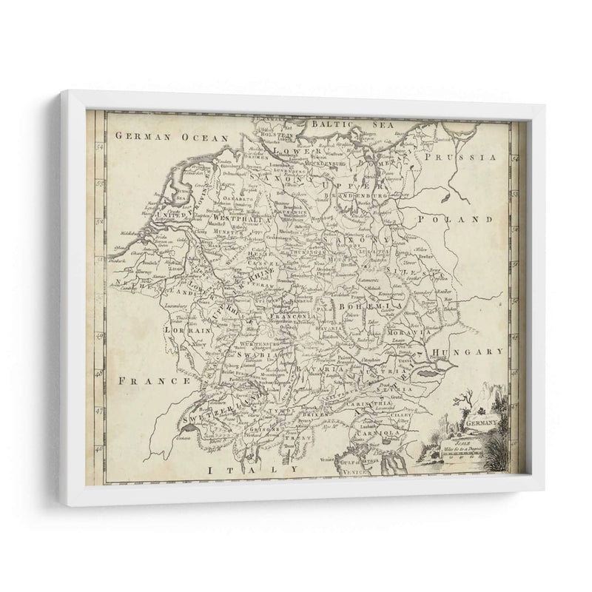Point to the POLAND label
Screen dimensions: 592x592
coord(463,220)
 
